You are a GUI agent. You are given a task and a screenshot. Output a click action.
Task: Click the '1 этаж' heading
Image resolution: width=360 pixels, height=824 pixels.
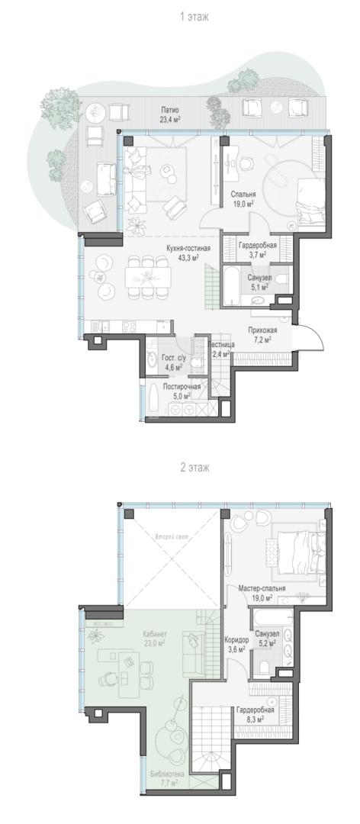click(194, 17)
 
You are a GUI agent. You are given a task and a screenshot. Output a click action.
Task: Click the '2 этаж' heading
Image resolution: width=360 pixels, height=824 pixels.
click(194, 467)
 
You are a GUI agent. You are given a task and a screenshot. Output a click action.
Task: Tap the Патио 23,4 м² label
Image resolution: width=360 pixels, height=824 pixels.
click(170, 114)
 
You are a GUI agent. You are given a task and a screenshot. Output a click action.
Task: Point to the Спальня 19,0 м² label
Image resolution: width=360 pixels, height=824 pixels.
click(243, 198)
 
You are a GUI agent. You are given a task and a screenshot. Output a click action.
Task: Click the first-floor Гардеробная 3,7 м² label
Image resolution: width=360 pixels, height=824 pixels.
click(258, 249)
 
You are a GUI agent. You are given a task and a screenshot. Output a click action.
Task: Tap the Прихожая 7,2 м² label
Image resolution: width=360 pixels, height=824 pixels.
click(263, 335)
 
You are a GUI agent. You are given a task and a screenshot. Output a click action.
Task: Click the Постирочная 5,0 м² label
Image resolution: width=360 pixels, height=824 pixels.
click(182, 391)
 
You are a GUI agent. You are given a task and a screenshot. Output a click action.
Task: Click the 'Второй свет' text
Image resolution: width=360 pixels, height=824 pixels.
click(172, 537)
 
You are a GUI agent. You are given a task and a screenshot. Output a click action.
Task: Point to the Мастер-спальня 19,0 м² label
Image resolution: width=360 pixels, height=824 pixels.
click(262, 593)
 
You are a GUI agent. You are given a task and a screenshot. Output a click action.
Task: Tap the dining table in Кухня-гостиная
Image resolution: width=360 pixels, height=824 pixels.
click(148, 276)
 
